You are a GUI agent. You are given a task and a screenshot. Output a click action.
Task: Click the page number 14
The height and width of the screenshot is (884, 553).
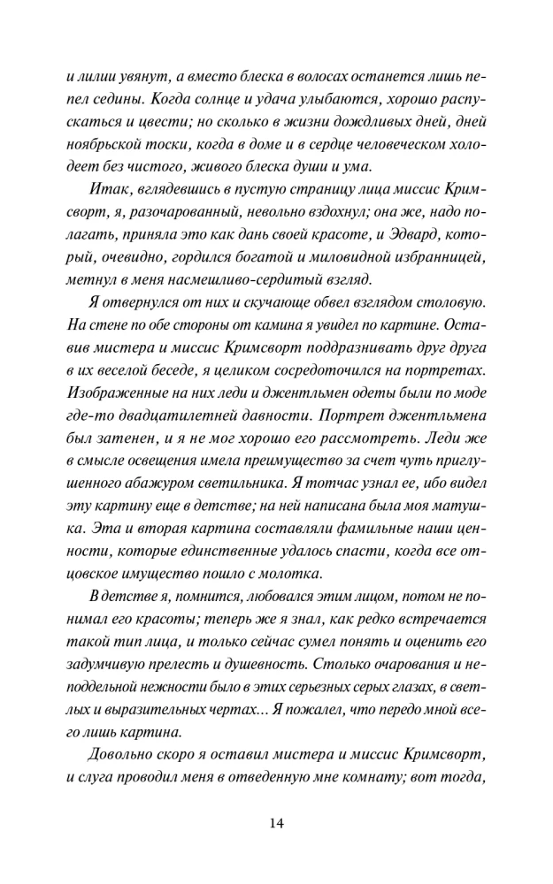coord(276,823)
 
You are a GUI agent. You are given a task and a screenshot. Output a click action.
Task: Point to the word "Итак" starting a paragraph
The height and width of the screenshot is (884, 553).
coord(108,190)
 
